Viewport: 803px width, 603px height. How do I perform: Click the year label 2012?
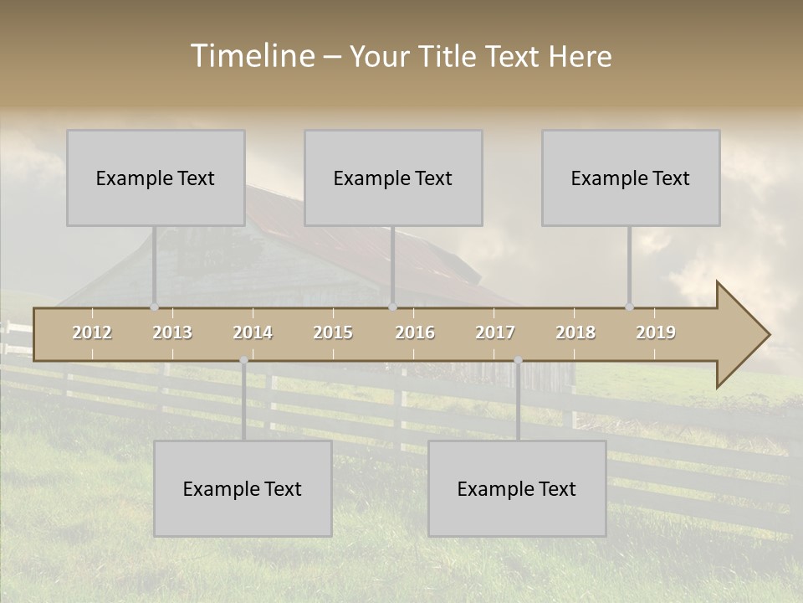(x=92, y=332)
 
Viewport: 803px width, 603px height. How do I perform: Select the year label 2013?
(x=172, y=332)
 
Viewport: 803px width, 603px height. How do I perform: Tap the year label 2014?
(x=253, y=332)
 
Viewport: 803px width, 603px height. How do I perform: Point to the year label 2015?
(x=333, y=332)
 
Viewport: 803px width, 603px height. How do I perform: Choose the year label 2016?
(x=415, y=332)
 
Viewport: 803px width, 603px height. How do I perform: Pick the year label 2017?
(x=495, y=332)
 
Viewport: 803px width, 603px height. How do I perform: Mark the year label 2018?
(x=575, y=332)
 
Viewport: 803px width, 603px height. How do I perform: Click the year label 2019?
(x=656, y=332)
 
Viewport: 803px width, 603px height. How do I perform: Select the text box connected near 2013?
(x=156, y=178)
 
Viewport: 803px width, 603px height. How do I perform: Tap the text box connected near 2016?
(x=393, y=178)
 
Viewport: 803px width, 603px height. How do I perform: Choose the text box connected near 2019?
(x=631, y=178)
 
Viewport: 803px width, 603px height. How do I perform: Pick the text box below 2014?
(x=243, y=488)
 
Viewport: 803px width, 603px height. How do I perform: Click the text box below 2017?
(x=517, y=488)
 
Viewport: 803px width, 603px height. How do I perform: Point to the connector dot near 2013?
(x=154, y=307)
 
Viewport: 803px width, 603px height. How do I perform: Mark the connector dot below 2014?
(x=243, y=360)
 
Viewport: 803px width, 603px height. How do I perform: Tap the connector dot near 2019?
(x=629, y=307)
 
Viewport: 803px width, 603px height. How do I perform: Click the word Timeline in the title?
(x=252, y=56)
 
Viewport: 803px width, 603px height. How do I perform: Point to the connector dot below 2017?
(x=518, y=360)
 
